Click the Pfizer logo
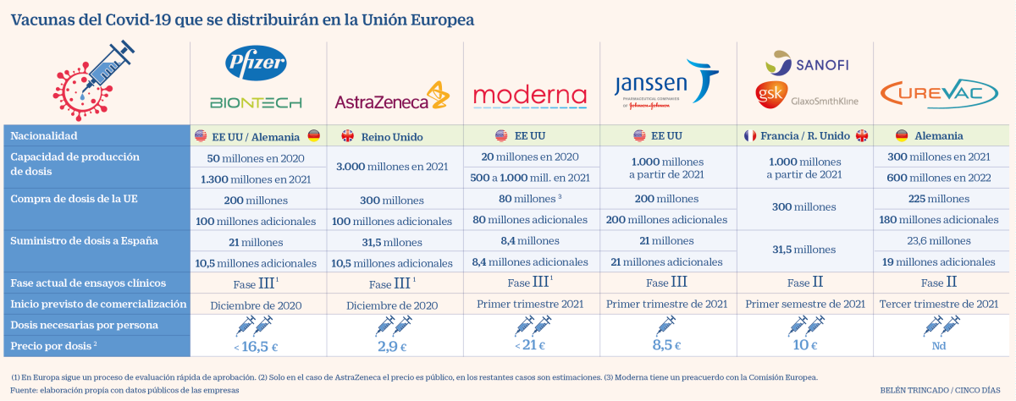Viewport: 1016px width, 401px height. [256, 62]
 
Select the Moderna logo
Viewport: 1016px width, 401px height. [529, 95]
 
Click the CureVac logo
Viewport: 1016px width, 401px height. [938, 92]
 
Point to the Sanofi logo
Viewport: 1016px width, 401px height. [807, 63]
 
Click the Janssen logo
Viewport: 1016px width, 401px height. [665, 82]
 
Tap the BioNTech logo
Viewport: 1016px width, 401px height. [256, 102]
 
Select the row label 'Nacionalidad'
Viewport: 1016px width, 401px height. [44, 135]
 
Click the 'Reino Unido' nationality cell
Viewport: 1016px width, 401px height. [392, 136]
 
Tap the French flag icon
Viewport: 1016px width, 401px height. [749, 135]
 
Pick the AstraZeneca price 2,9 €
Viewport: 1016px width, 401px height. [393, 345]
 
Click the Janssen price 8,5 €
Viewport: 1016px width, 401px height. [665, 345]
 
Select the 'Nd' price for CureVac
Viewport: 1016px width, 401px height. [938, 345]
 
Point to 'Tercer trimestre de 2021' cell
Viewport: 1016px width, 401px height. [938, 304]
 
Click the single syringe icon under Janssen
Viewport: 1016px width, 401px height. [665, 325]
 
